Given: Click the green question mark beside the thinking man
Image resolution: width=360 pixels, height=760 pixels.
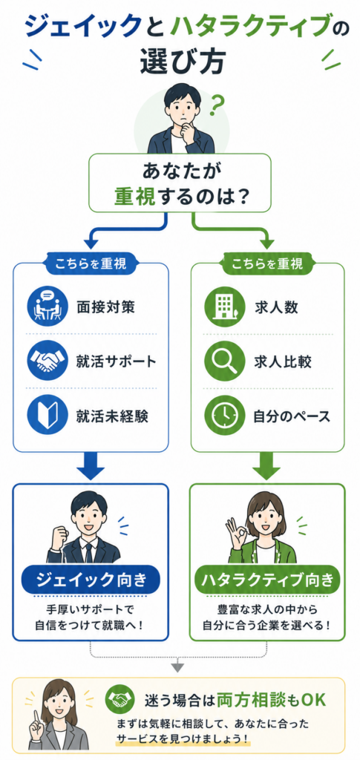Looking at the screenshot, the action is (219, 105).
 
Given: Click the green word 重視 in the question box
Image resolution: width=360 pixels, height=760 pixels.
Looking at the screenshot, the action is (134, 195).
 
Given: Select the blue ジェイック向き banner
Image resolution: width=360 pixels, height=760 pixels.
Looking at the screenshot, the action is (91, 579).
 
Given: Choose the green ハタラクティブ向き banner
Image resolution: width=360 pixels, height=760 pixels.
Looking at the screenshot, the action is (267, 579).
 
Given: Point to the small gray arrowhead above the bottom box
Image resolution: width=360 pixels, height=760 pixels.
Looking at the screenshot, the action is (178, 667).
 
